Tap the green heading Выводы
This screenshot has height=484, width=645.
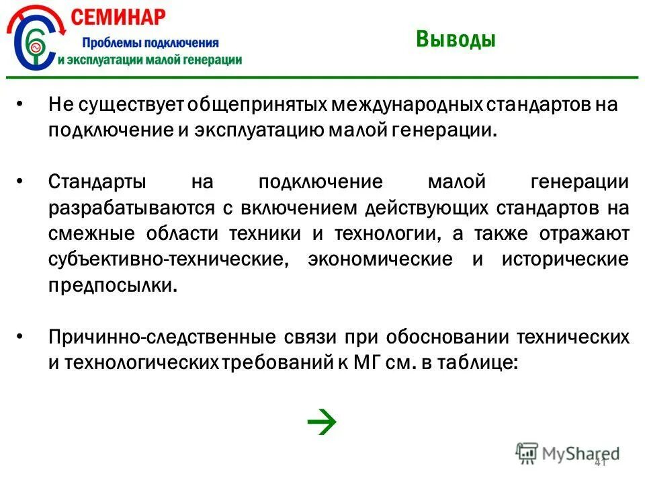point(455,40)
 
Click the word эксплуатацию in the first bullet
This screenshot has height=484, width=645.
point(261,130)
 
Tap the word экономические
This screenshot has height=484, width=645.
point(380,259)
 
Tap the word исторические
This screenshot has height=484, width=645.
point(565,259)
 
